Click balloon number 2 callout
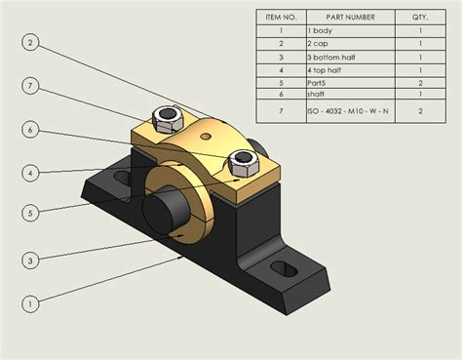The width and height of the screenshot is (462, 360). [31, 42]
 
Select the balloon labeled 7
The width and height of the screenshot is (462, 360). [31, 87]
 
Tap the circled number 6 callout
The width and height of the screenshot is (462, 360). [31, 130]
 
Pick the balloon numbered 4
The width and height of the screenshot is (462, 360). [31, 173]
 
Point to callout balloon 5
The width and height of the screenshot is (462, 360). [31, 214]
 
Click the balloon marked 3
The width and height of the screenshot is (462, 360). [31, 260]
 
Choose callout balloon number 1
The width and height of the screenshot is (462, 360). [31, 303]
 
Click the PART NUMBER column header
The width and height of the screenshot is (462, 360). [348, 16]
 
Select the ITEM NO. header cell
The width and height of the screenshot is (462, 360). [281, 16]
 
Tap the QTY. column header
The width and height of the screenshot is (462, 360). [420, 16]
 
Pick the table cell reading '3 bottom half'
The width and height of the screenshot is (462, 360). [348, 57]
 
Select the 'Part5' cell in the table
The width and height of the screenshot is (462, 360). [348, 83]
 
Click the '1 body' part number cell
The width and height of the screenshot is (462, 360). [348, 30]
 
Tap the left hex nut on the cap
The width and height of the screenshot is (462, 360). [167, 118]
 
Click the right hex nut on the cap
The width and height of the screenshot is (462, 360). [240, 159]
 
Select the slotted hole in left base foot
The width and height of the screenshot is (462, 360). [121, 179]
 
